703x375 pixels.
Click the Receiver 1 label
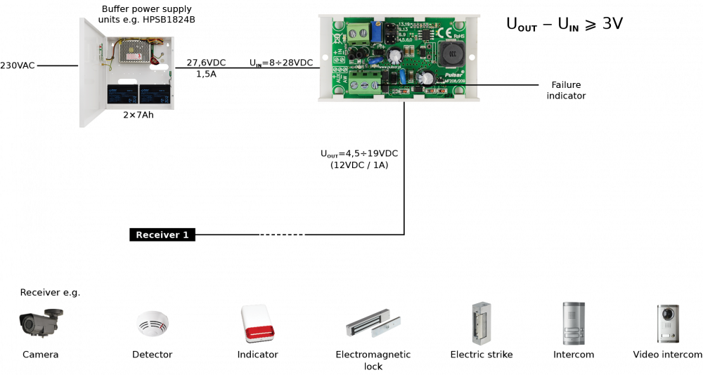162,235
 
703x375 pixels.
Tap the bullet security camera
41,322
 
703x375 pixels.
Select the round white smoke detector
152,324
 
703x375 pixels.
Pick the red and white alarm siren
258,324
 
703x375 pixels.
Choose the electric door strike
482,323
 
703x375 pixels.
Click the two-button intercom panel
573,323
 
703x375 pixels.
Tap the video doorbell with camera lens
668,324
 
